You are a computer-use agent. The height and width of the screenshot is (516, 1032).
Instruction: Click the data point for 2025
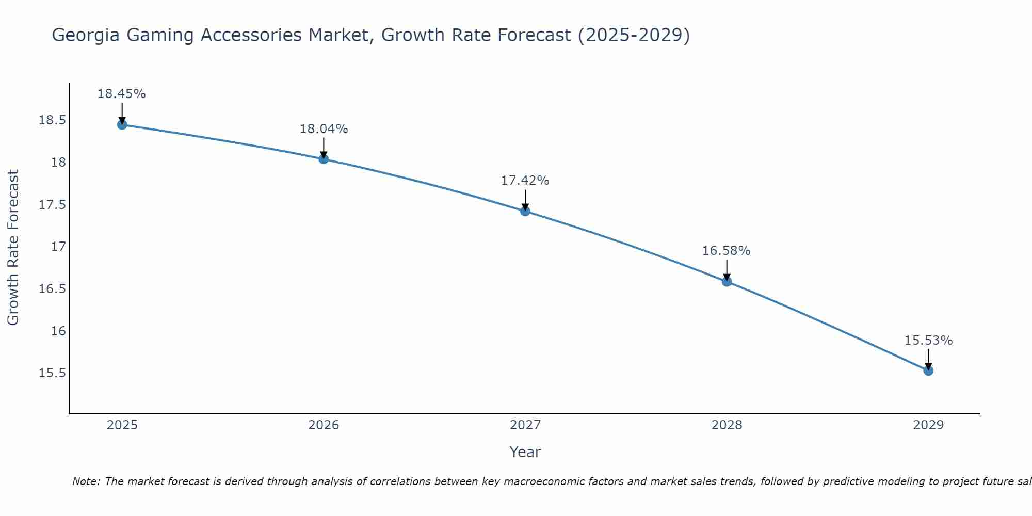pyautogui.click(x=122, y=125)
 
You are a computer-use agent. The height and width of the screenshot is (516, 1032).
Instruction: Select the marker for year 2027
pyautogui.click(x=525, y=211)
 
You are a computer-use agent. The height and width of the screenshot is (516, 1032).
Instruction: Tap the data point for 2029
pyautogui.click(x=928, y=370)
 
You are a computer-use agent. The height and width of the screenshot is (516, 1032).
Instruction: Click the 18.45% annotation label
pyautogui.click(x=122, y=94)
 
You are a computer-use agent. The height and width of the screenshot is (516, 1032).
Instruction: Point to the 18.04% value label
pyautogui.click(x=324, y=129)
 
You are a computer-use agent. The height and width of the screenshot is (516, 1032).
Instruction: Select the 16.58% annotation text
pyautogui.click(x=726, y=251)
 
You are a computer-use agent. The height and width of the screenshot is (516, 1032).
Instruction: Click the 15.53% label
pyautogui.click(x=928, y=341)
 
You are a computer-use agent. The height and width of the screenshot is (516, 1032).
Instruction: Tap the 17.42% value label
pyautogui.click(x=525, y=181)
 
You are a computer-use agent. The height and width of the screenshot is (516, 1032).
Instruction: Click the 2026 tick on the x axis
pyautogui.click(x=324, y=425)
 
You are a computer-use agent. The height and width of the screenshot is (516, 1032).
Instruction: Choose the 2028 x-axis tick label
pyautogui.click(x=727, y=425)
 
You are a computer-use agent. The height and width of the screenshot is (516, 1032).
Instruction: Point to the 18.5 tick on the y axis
pyautogui.click(x=52, y=121)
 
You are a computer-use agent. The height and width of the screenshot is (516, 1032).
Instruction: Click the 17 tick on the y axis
pyautogui.click(x=59, y=247)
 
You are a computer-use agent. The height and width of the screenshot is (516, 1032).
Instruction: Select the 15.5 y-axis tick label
pyautogui.click(x=52, y=373)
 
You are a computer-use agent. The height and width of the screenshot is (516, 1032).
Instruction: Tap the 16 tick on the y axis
pyautogui.click(x=59, y=331)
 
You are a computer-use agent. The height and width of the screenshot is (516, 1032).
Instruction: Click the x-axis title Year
pyautogui.click(x=525, y=452)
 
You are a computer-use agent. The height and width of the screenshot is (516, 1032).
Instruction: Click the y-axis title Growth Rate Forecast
pyautogui.click(x=13, y=248)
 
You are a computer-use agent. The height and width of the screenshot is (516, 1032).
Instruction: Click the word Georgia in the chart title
pyautogui.click(x=86, y=36)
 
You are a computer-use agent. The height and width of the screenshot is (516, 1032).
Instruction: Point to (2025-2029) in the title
pyautogui.click(x=634, y=36)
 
